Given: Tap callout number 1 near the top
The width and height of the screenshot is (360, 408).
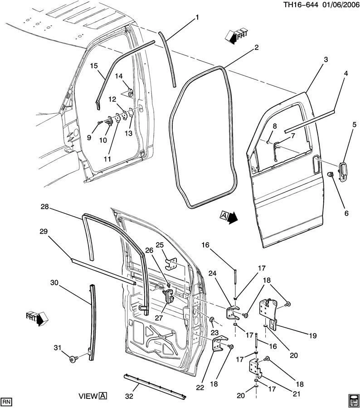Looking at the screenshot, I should click(x=197, y=18).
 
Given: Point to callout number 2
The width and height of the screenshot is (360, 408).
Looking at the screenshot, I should click(x=256, y=48).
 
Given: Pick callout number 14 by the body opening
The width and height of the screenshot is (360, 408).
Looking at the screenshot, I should click(x=118, y=76).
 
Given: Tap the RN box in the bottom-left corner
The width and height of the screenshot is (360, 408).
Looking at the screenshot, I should click(x=6, y=402).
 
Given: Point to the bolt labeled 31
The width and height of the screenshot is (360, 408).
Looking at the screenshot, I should click(x=72, y=359).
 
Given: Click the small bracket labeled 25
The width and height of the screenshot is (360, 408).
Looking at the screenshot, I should click(x=171, y=264).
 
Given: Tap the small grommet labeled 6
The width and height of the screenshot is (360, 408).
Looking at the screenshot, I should click(x=331, y=175).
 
